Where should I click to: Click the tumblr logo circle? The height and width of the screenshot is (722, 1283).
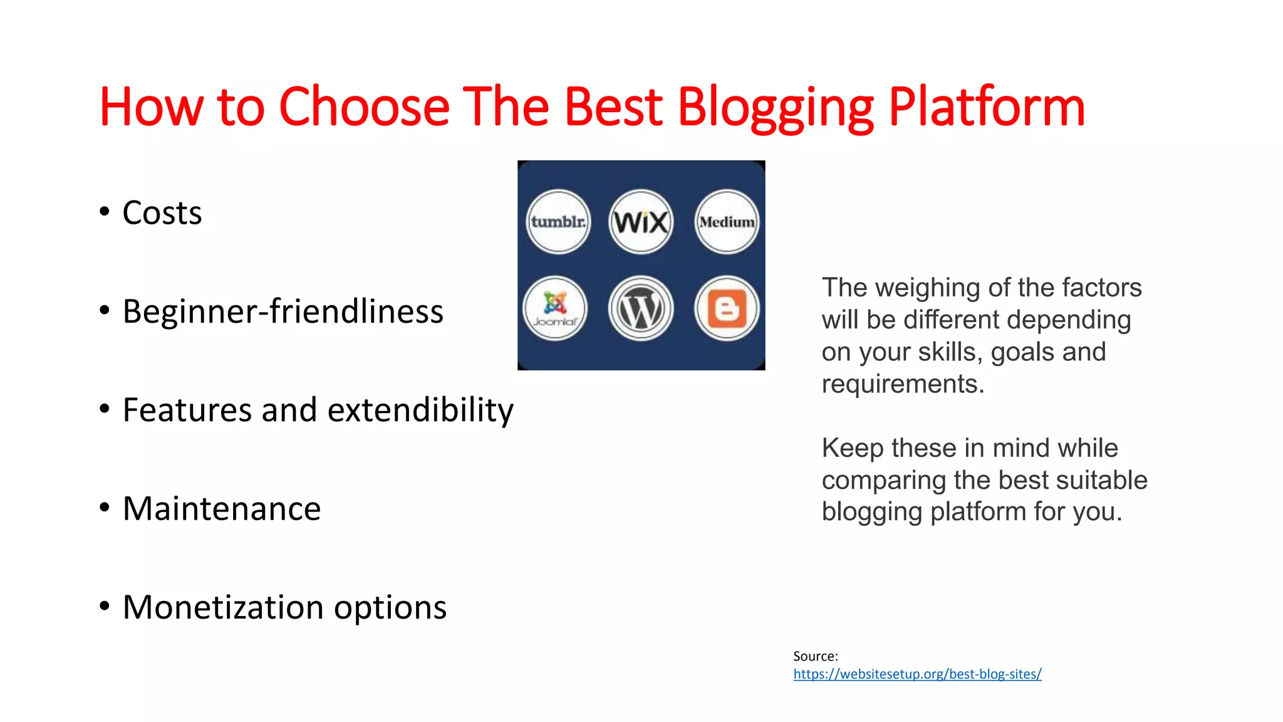(x=558, y=222)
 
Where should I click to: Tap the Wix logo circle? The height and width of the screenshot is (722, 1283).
(x=641, y=222)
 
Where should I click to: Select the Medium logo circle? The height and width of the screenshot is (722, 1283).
(x=727, y=222)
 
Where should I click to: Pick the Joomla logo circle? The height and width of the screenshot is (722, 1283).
(x=555, y=308)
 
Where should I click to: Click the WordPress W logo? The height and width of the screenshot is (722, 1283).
(x=641, y=308)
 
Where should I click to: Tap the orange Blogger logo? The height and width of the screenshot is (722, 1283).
(x=727, y=308)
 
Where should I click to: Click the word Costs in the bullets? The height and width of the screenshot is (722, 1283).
(x=162, y=213)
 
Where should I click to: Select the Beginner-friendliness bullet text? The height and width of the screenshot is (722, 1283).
(x=283, y=311)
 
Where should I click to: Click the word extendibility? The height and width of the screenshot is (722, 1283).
(x=420, y=411)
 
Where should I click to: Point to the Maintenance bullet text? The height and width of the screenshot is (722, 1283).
(x=222, y=508)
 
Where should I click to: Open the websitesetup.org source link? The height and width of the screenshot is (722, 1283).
(x=917, y=674)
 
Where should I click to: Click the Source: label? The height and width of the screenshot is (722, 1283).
(x=815, y=656)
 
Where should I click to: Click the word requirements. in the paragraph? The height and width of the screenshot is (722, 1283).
(x=903, y=384)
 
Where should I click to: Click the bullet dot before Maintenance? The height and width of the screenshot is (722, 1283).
(x=105, y=508)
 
